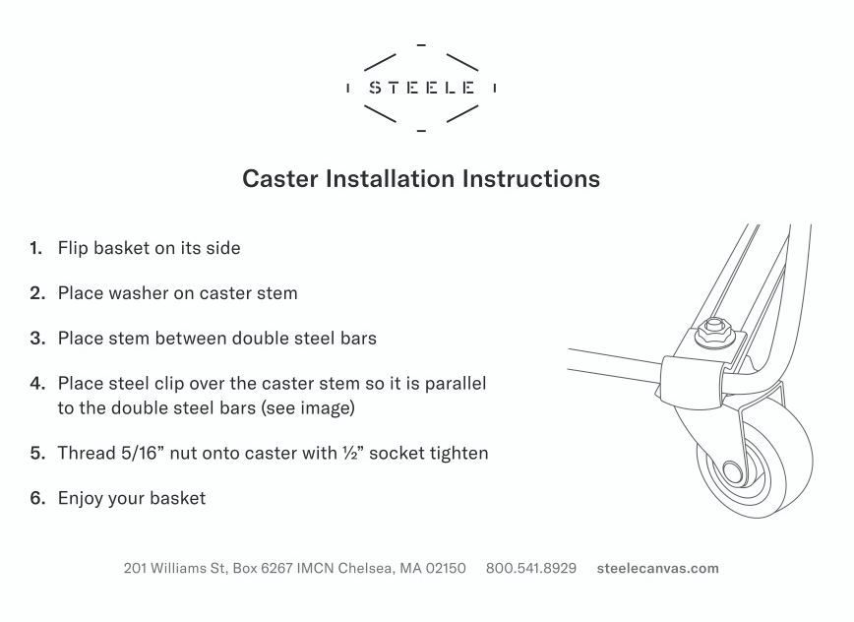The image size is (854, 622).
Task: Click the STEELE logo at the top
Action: (x=421, y=88)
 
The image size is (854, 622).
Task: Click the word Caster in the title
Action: (x=280, y=179)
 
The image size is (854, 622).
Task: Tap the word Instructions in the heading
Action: (x=531, y=179)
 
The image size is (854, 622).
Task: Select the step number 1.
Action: (x=36, y=248)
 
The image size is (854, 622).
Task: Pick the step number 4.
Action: (x=37, y=384)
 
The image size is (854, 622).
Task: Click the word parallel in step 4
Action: (x=456, y=384)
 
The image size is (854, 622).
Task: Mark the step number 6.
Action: (x=37, y=498)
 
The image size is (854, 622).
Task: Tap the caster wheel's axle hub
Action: (x=733, y=470)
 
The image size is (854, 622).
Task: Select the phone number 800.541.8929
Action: (x=531, y=568)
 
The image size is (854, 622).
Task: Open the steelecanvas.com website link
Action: (x=658, y=568)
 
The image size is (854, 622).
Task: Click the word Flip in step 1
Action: (x=73, y=248)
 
